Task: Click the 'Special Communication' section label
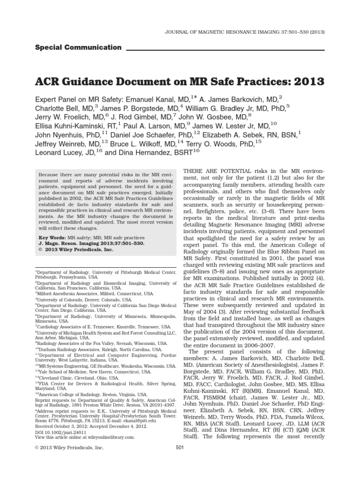78,47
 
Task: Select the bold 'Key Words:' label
53,238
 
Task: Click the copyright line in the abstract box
75,250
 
